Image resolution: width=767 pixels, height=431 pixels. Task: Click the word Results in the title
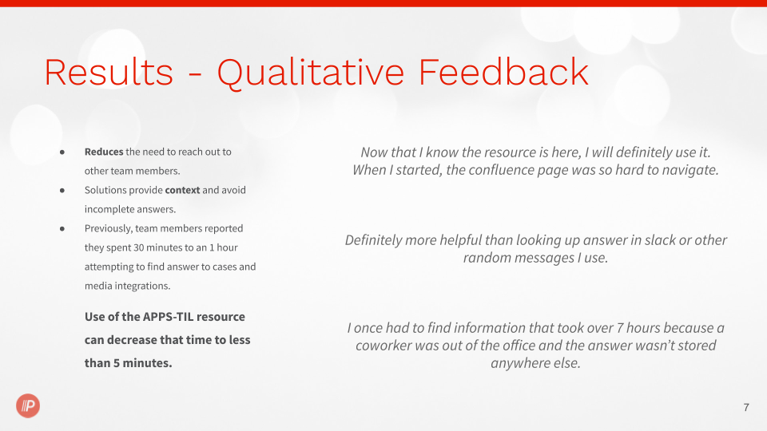(109, 73)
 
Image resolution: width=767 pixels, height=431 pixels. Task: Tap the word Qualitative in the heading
(311, 73)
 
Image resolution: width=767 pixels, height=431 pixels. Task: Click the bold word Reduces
(104, 152)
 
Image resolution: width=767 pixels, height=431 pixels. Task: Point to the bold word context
(182, 190)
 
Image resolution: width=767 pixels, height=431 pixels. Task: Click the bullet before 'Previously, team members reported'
(62, 229)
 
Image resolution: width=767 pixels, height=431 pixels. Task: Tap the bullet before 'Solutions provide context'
(62, 191)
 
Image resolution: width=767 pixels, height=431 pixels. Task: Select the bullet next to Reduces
(62, 152)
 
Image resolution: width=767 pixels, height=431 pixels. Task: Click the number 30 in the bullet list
(139, 247)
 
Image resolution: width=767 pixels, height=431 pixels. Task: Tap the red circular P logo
(28, 405)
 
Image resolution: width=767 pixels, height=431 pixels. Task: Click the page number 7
(746, 407)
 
